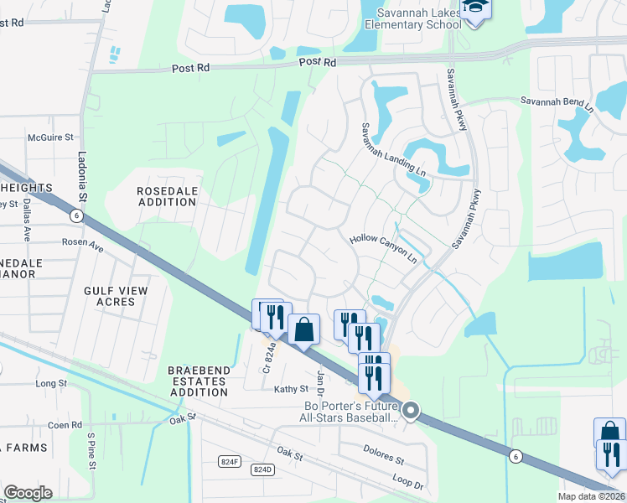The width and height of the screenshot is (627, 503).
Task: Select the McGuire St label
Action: tap(51, 137)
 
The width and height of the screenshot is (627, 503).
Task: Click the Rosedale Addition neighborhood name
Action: tap(168, 197)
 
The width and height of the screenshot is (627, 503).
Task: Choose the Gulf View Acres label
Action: tap(116, 296)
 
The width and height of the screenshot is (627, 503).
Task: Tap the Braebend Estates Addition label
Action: tap(197, 381)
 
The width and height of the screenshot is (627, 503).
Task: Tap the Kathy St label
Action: tap(292, 389)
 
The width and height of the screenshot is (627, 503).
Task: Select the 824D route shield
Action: tap(262, 469)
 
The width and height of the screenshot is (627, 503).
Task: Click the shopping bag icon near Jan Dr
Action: tap(303, 329)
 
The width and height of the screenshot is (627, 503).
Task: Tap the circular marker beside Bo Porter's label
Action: tap(411, 410)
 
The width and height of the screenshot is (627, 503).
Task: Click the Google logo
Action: tap(28, 492)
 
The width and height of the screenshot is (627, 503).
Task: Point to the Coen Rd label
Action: tap(65, 425)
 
